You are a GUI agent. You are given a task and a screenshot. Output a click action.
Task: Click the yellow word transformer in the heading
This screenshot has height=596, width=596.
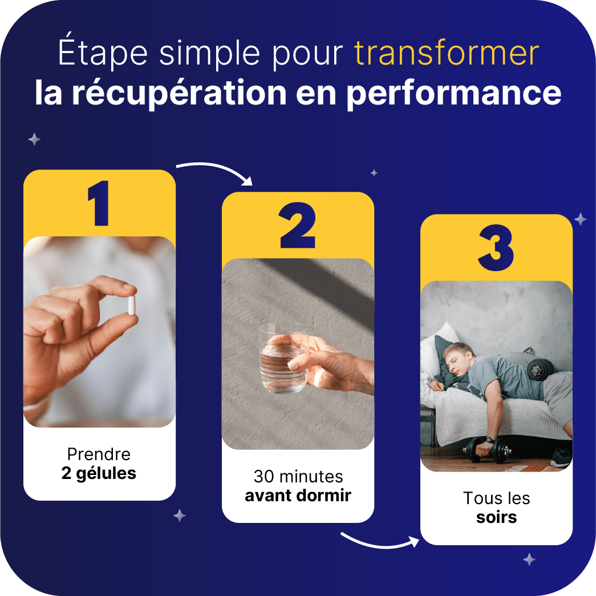point(447,53)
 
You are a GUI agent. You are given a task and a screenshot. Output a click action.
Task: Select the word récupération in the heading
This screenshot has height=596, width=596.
point(179,93)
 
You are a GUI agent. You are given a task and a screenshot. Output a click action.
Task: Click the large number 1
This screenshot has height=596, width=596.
point(99,203)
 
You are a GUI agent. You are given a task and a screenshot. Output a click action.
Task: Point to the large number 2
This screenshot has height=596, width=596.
point(298,225)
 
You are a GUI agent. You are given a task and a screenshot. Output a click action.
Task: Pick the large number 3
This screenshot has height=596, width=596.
point(496,248)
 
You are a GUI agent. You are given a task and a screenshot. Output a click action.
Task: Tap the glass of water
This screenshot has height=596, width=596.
point(283,358)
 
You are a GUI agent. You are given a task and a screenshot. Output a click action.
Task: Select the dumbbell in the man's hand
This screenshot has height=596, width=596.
point(487,450)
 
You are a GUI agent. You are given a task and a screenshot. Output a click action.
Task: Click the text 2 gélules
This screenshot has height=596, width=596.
point(99,474)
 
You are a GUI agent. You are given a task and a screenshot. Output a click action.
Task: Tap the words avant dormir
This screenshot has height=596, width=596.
point(298,496)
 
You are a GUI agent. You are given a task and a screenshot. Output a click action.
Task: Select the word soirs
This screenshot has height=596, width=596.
point(496,518)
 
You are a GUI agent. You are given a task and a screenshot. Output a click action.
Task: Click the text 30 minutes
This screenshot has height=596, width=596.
point(298,477)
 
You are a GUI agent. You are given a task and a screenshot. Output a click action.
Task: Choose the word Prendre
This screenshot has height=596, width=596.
point(99,454)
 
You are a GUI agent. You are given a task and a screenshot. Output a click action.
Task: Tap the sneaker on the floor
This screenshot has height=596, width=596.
point(561,457)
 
